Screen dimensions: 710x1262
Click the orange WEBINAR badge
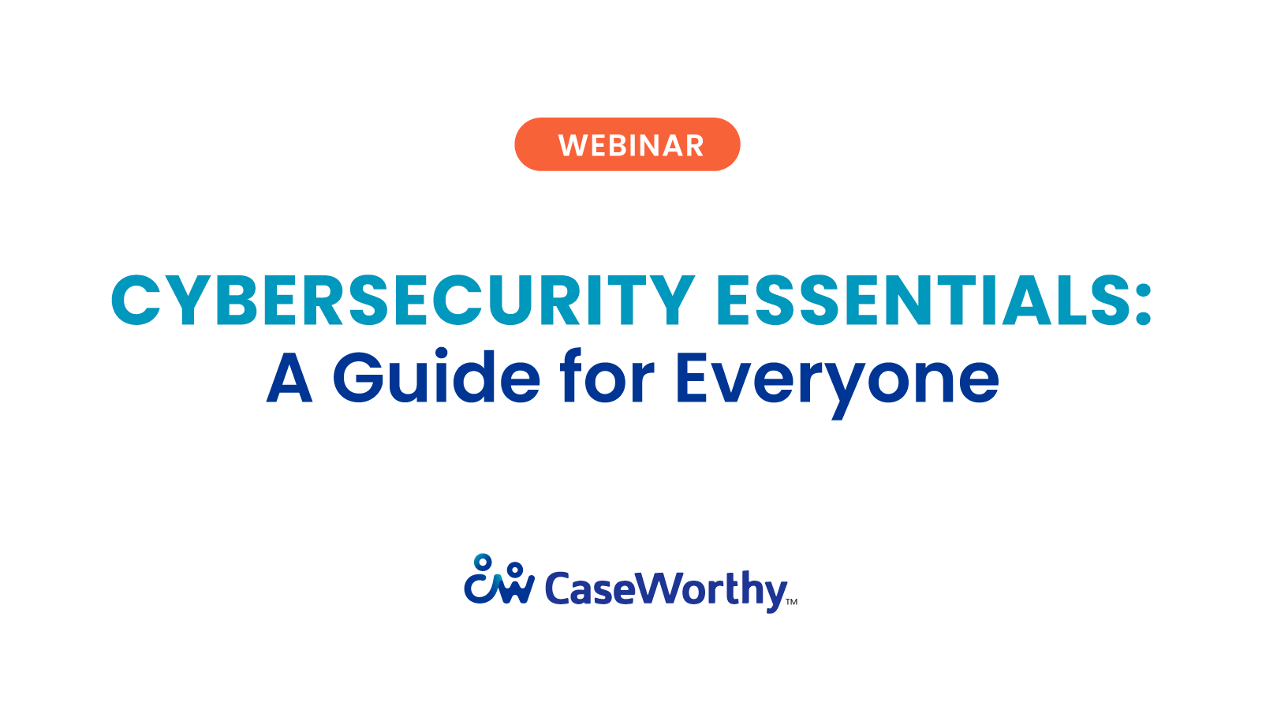[x=627, y=144]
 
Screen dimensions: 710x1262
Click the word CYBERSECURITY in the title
[x=402, y=301]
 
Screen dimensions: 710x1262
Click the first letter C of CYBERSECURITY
[x=136, y=301]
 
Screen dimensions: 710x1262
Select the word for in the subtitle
[x=607, y=377]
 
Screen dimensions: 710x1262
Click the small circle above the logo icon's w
[x=515, y=568]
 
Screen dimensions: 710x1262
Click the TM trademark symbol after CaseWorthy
[x=792, y=602]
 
